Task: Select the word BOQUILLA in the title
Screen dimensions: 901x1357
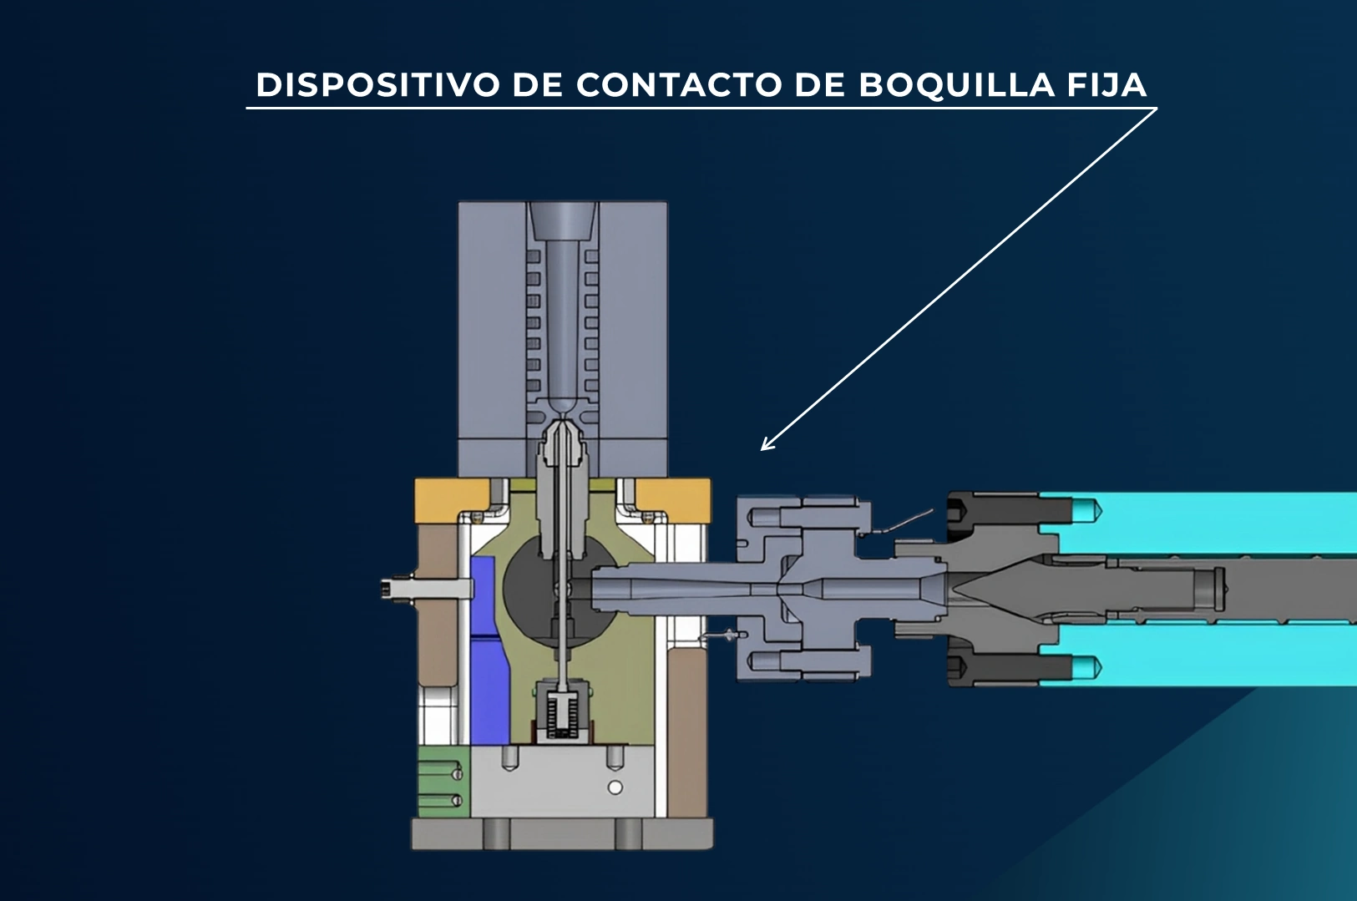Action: [956, 85]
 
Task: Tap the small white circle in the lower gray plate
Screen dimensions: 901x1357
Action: [615, 787]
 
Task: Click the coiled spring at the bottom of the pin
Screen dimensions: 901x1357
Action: [562, 715]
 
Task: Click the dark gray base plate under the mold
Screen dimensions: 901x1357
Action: [562, 834]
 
